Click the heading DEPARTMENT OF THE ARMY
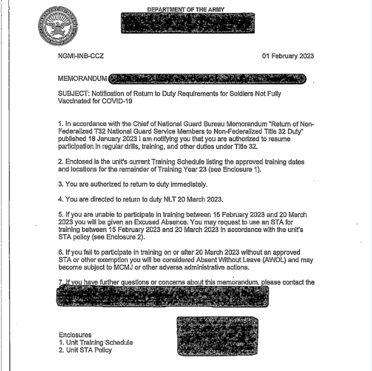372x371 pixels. [x=186, y=9]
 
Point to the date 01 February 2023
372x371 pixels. [x=288, y=56]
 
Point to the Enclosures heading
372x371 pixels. [x=75, y=335]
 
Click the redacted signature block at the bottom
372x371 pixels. [x=218, y=336]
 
